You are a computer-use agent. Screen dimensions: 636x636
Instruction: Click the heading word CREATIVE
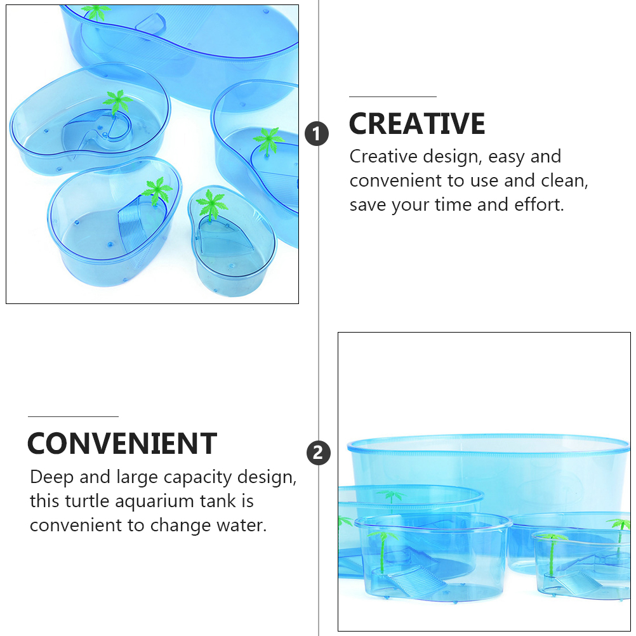417,124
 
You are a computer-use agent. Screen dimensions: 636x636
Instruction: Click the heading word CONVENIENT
122,444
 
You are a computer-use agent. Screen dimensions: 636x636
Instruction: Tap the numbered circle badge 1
317,134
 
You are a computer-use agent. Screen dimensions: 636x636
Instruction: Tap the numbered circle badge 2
319,453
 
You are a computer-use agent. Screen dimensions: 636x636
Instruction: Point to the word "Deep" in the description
51,477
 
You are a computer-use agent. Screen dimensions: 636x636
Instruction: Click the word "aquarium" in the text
149,502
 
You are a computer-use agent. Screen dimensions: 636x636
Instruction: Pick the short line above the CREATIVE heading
393,97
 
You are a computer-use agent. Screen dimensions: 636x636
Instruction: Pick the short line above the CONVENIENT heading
73,416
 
